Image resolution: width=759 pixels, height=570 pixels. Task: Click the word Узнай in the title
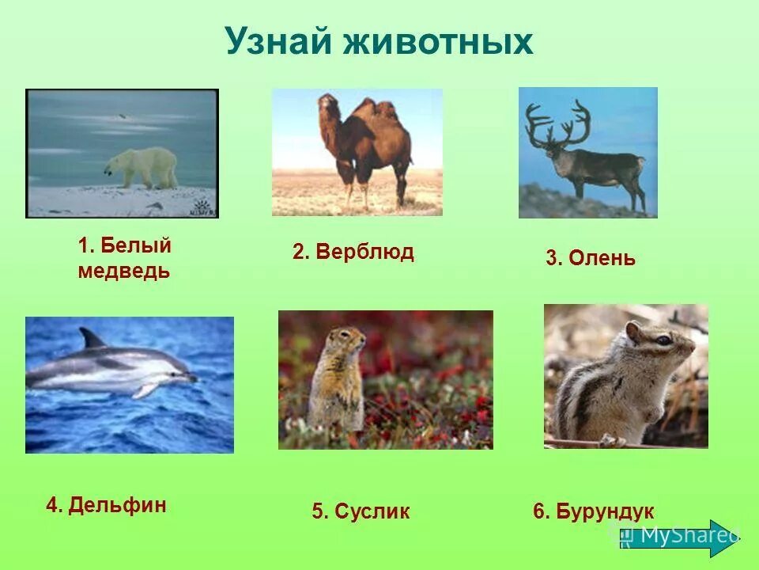tap(278, 41)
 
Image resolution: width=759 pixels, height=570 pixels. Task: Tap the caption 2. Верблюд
tap(353, 253)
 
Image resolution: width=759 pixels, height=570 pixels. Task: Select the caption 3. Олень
tap(590, 258)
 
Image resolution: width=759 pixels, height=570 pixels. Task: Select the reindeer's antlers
tap(557, 123)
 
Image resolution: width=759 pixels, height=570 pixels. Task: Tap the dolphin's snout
tap(191, 378)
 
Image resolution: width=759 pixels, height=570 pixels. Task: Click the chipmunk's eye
tap(663, 340)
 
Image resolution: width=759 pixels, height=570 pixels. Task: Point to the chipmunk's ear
tap(632, 331)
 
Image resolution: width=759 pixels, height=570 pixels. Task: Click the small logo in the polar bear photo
tap(202, 208)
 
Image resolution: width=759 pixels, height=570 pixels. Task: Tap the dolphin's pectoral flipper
tap(145, 389)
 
